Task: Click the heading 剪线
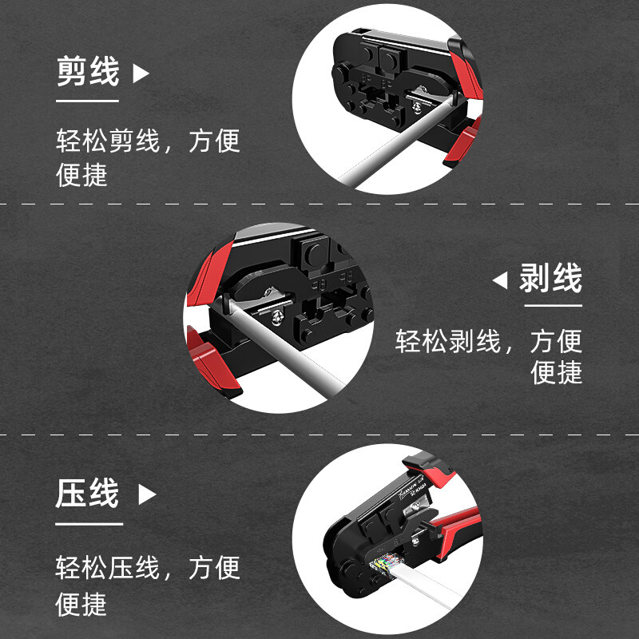(87, 72)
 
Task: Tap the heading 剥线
(550, 280)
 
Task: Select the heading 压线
(87, 494)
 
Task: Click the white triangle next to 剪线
(141, 74)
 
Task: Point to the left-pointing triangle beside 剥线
(500, 280)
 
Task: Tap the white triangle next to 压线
(146, 495)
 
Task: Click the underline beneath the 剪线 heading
(87, 101)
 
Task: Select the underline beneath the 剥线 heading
(550, 307)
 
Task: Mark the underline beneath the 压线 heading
(89, 524)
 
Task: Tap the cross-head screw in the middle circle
(280, 319)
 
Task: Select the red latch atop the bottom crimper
(420, 461)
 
